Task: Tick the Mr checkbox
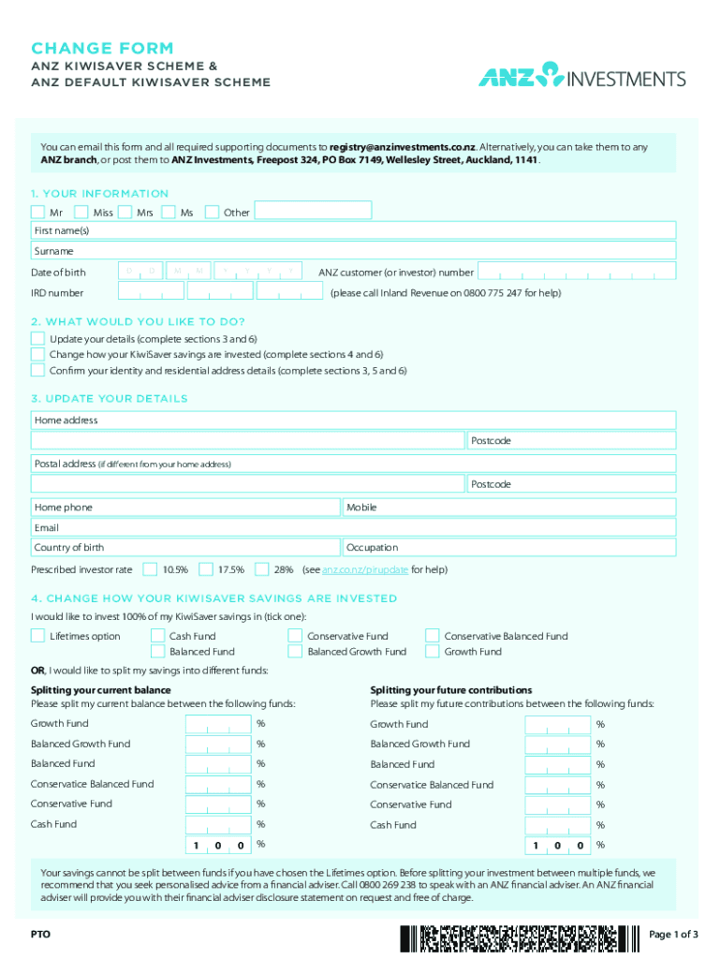tap(37, 212)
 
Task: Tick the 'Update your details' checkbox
tap(37, 338)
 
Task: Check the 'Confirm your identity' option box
tap(37, 370)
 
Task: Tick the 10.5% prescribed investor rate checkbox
tap(150, 568)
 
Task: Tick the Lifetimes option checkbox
tap(37, 636)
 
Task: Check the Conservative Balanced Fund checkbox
tap(432, 636)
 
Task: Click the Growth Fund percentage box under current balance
tap(218, 724)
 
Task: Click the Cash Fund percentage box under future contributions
tap(557, 825)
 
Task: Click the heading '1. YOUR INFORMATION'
tap(100, 194)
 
